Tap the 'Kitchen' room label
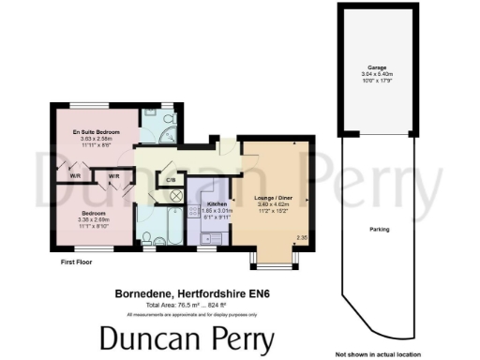(x=217, y=203)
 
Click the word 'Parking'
(x=380, y=229)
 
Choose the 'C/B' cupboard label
(x=170, y=179)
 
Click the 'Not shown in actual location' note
(x=379, y=354)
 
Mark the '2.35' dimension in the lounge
(x=302, y=238)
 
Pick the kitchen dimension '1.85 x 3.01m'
(x=217, y=210)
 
